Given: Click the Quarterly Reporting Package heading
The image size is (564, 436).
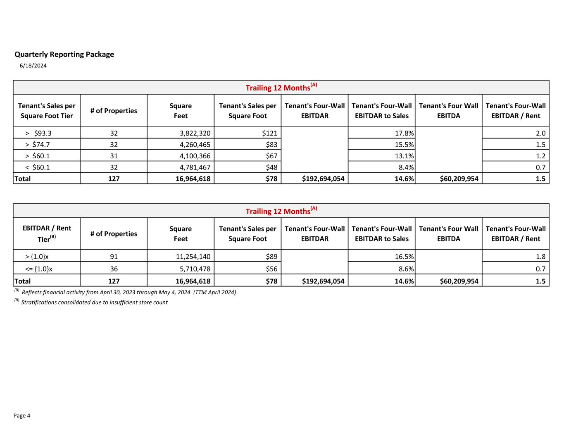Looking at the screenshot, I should [x=64, y=54].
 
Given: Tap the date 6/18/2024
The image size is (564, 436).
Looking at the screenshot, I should [x=33, y=66].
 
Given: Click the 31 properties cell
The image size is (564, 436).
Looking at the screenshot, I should [x=114, y=156].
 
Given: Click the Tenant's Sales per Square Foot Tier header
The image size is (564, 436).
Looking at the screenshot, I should [x=47, y=111].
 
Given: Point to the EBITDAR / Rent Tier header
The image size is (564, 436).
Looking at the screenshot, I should [x=47, y=233].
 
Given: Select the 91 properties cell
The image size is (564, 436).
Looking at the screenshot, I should [x=114, y=256].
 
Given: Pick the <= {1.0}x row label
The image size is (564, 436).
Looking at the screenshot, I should [x=39, y=269].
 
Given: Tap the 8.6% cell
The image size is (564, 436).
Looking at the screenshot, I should [x=404, y=269].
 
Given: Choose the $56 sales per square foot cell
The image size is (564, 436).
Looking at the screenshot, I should [x=271, y=269].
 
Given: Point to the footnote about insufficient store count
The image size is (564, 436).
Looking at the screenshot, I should [x=94, y=302].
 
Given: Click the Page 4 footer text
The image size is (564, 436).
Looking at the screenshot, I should [x=22, y=416].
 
